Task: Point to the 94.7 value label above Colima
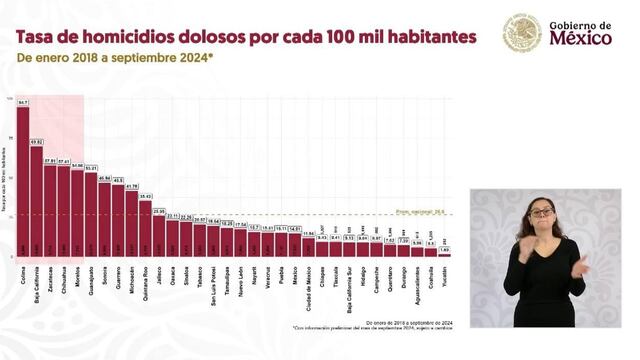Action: pyautogui.click(x=23, y=102)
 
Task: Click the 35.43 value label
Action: pyautogui.click(x=145, y=196)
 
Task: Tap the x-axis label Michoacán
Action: pyautogui.click(x=132, y=278)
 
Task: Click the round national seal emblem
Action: pyautogui.click(x=521, y=33)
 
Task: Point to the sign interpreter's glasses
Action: pyautogui.click(x=541, y=212)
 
